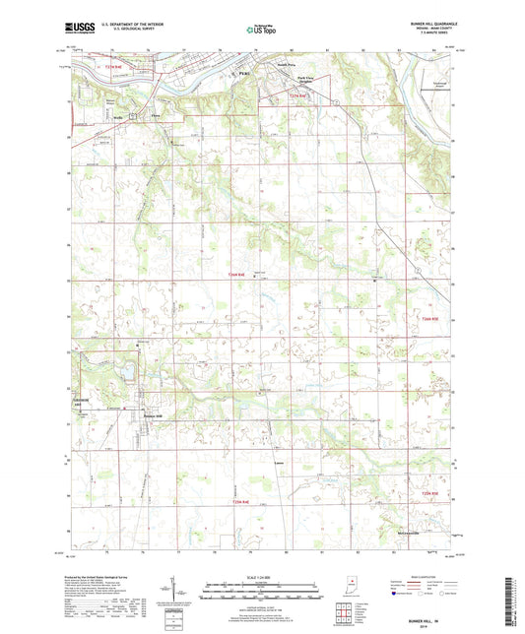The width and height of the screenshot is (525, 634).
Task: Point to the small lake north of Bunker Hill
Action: (126, 373)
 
